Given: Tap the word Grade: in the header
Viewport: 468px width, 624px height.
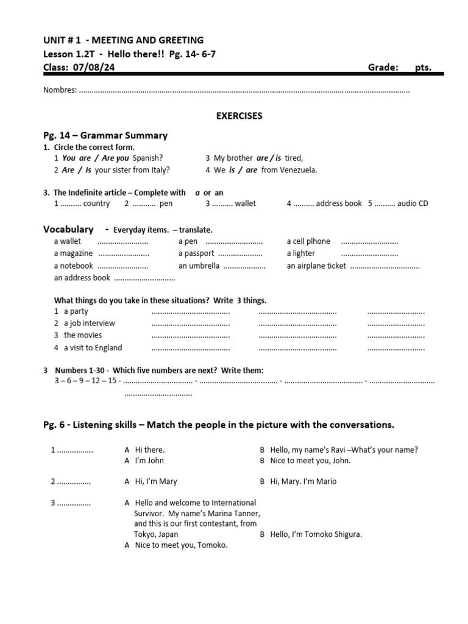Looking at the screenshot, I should click(383, 68).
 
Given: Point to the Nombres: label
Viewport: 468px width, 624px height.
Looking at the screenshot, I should click(60, 90).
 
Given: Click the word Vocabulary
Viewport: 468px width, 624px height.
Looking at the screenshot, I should click(68, 229).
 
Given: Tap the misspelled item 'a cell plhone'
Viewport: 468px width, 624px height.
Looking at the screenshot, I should click(308, 241).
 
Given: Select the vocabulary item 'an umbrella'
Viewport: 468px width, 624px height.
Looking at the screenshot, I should click(199, 266).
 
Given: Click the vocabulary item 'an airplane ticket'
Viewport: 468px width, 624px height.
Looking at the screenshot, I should click(316, 266).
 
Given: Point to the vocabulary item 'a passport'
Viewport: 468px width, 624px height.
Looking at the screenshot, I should click(196, 253).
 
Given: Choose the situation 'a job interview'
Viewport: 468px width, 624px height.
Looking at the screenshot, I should click(89, 323).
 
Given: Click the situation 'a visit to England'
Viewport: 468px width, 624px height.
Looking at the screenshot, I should click(93, 347).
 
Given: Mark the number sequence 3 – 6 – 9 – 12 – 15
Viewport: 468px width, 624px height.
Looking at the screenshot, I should click(85, 381).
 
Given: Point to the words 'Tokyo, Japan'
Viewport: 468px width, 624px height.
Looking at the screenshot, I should click(157, 534).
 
